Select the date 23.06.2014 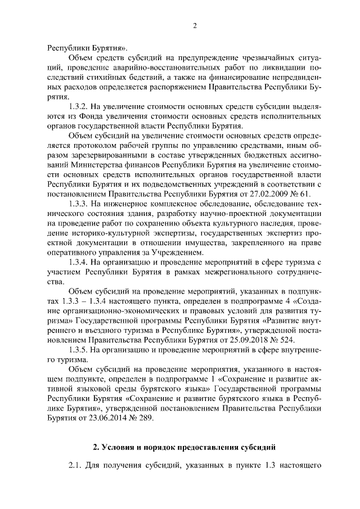(x=93, y=418)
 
